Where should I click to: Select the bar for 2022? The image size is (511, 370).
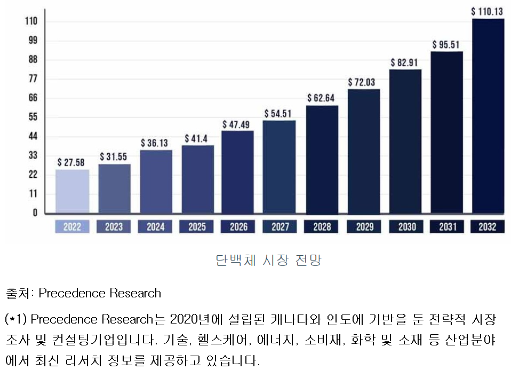[72, 191]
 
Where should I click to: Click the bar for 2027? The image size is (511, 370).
[279, 167]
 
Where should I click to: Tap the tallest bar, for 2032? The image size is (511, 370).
[488, 116]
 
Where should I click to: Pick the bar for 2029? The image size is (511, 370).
[364, 151]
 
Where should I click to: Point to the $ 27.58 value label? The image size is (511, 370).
[71, 162]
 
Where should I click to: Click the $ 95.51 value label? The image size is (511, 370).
[446, 44]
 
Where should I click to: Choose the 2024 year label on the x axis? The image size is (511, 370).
[155, 227]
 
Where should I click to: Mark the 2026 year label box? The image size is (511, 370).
[238, 227]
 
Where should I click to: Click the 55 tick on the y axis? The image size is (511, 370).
[33, 117]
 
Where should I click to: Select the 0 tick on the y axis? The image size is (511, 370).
[35, 212]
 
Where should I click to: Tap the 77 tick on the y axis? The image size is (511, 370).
[33, 79]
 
